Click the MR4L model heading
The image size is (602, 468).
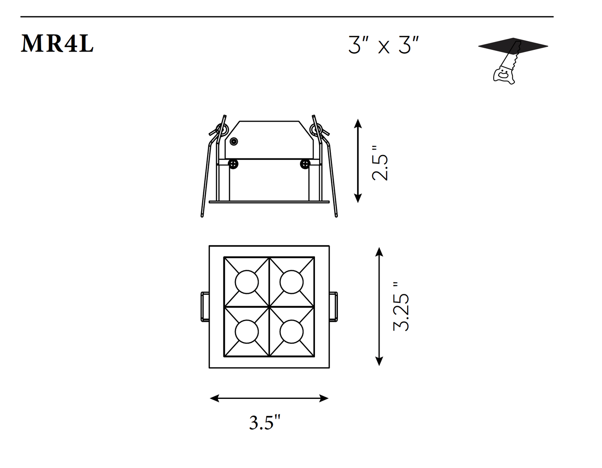(x=57, y=43)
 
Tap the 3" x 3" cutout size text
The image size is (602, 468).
(x=383, y=45)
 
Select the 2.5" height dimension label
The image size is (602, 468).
(x=380, y=163)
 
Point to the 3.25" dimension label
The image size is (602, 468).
(x=402, y=306)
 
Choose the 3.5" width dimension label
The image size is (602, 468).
(x=265, y=423)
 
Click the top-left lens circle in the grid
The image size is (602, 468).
(x=247, y=282)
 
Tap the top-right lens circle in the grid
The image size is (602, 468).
(x=291, y=282)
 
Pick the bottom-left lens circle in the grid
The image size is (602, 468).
(x=247, y=332)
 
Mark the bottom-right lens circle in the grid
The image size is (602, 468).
(x=291, y=332)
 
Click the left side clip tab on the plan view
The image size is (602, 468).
(x=205, y=307)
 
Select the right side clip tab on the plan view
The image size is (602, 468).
(x=333, y=307)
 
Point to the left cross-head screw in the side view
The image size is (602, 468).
(x=234, y=164)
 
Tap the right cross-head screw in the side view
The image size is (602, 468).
(x=305, y=164)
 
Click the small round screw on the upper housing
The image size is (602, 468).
(x=234, y=142)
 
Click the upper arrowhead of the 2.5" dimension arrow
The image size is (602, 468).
(x=357, y=123)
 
